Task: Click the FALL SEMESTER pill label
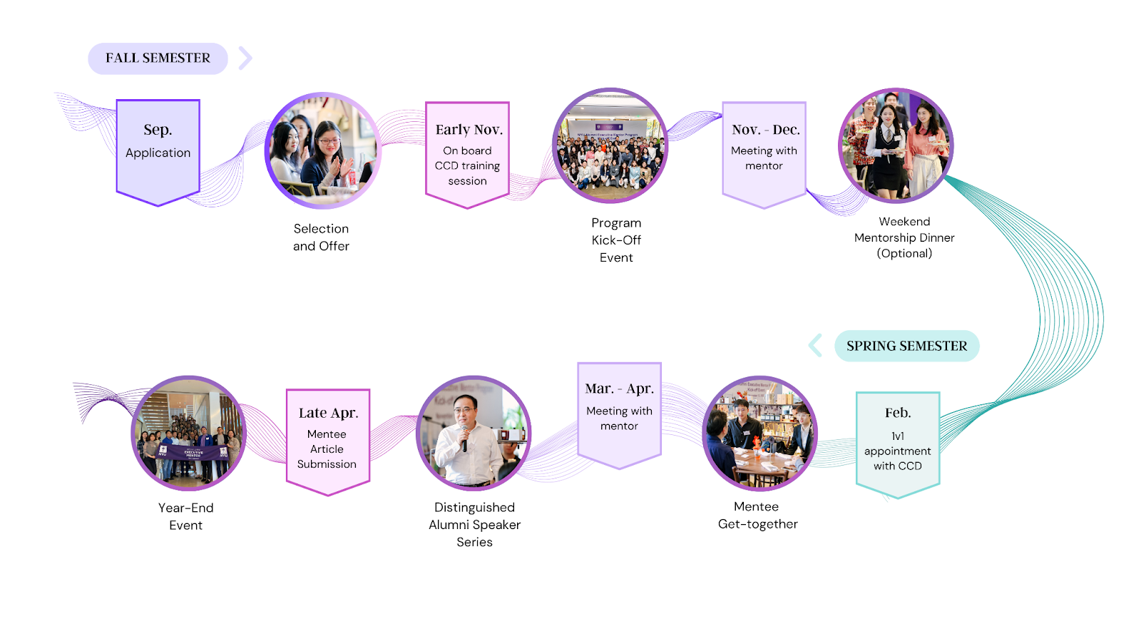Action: [158, 58]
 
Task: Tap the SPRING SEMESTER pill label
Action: [906, 346]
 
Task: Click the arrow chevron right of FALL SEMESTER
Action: [245, 58]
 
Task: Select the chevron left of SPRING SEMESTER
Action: [815, 346]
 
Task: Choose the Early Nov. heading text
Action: [469, 130]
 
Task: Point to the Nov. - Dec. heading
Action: [765, 130]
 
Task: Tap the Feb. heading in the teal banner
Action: [897, 413]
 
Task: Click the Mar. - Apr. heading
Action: [619, 389]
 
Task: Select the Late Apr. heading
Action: [328, 413]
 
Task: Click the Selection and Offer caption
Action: [321, 237]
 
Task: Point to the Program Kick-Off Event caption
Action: [616, 240]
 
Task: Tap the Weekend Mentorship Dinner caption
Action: [904, 237]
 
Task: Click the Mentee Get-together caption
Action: [757, 516]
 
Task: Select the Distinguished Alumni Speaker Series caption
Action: [474, 525]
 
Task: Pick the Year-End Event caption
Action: [185, 516]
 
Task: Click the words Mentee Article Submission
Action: [327, 449]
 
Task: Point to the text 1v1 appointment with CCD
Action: [897, 451]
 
